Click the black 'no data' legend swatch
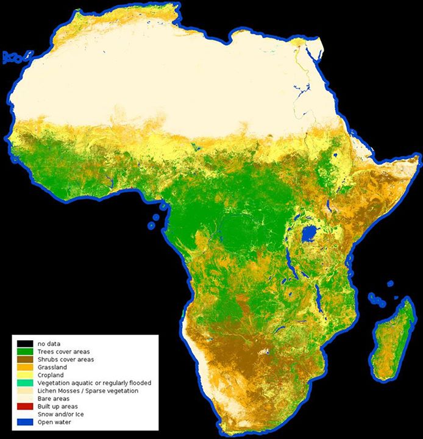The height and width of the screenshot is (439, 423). coord(25,344)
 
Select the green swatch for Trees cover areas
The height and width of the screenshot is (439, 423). coord(25,352)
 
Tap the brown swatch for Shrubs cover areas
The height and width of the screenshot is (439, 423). coord(25,360)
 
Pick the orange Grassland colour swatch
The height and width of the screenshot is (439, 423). coord(25,368)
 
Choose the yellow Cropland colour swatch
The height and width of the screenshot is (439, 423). coord(25,375)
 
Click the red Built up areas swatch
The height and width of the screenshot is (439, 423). coord(25,406)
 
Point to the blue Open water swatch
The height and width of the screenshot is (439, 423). coord(25,421)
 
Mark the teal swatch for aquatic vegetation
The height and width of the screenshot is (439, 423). coord(25,383)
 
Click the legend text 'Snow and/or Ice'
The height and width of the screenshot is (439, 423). coord(59,413)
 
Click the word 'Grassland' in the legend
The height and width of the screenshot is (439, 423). coord(52,368)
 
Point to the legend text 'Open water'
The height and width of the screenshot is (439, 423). coord(53,421)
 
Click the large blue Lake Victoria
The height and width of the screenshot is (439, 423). coord(310,233)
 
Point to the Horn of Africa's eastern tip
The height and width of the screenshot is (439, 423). coord(418,158)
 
